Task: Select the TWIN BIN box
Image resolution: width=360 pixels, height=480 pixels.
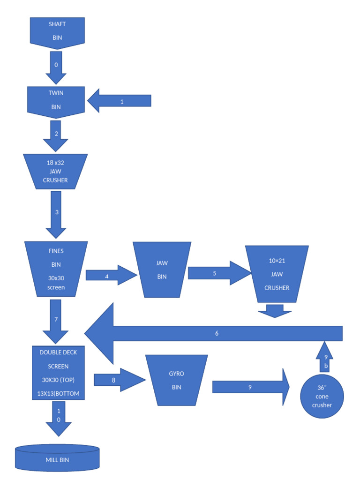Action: (x=56, y=100)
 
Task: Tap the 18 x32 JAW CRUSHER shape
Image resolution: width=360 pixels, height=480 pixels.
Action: (x=55, y=172)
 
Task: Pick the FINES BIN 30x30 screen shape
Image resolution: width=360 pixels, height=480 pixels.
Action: (x=56, y=269)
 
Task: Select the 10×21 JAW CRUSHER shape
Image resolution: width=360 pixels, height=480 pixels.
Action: (x=277, y=274)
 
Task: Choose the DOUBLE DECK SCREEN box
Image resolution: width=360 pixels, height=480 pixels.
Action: (x=58, y=373)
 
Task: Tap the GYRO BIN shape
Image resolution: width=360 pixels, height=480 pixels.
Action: (x=176, y=380)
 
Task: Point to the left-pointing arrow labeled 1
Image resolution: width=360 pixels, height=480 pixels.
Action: (x=120, y=101)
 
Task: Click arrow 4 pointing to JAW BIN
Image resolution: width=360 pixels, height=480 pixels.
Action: (x=110, y=276)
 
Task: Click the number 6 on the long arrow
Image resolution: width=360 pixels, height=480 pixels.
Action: (x=217, y=333)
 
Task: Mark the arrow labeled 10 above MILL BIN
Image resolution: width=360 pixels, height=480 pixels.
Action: (x=59, y=418)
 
